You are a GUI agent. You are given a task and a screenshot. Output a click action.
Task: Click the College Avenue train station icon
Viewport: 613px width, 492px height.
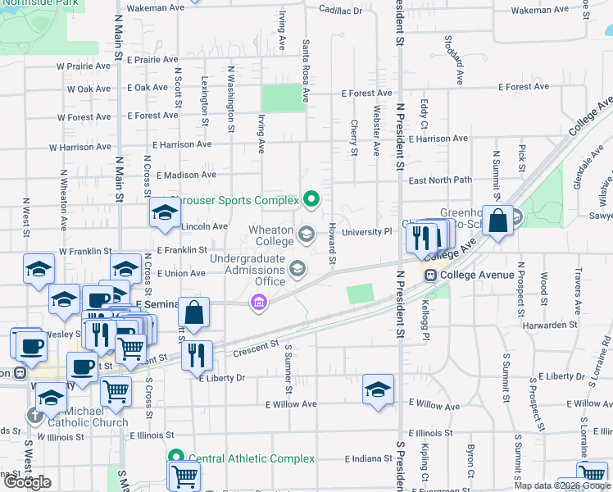tap(429, 276)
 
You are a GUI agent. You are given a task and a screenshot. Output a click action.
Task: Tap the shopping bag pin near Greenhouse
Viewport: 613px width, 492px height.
tap(497, 221)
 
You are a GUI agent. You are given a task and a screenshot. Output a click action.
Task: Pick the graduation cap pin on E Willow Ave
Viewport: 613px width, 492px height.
tap(378, 390)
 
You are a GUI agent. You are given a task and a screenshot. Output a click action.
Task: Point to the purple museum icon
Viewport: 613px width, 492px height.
tap(259, 303)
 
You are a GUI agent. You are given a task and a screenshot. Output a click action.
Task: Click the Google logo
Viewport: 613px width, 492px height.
tap(26, 482)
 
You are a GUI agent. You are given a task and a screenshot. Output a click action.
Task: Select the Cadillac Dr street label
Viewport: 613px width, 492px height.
tap(340, 11)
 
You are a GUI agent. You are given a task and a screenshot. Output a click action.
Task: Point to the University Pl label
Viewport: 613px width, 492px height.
tap(367, 233)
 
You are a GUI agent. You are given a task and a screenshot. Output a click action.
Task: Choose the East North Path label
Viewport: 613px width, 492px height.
tap(440, 180)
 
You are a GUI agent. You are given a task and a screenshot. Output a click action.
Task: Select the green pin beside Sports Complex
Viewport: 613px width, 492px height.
tap(311, 198)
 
